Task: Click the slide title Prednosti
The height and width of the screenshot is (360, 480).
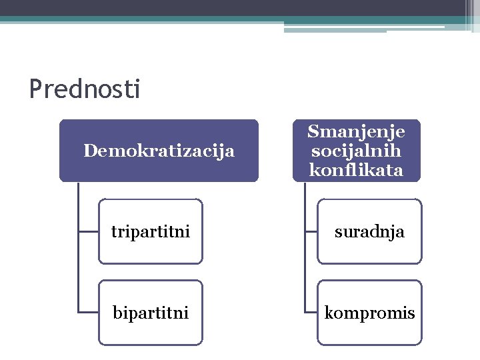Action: pyautogui.click(x=85, y=89)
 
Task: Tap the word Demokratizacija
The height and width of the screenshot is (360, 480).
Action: pyautogui.click(x=159, y=151)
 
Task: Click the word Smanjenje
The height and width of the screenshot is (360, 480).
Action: pyautogui.click(x=356, y=131)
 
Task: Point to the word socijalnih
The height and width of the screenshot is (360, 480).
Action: pyautogui.click(x=356, y=150)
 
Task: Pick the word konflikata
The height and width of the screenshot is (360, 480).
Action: pyautogui.click(x=356, y=170)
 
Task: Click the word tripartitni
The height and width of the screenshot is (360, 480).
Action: pyautogui.click(x=151, y=232)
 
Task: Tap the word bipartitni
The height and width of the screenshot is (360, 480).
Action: pyautogui.click(x=151, y=312)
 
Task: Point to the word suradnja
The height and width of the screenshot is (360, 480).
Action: pyautogui.click(x=369, y=232)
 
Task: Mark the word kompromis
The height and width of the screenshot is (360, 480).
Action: pyautogui.click(x=369, y=313)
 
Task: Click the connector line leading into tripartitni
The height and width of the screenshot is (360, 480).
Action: pyautogui.click(x=88, y=231)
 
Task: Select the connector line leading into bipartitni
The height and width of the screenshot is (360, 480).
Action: pyautogui.click(x=88, y=312)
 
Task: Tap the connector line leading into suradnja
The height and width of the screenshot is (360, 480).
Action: pyautogui.click(x=311, y=231)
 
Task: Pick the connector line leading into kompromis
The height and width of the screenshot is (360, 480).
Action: pyautogui.click(x=311, y=312)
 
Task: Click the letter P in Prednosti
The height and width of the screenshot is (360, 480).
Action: pyautogui.click(x=35, y=89)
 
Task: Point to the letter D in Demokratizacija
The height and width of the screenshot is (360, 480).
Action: pyautogui.click(x=89, y=151)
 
